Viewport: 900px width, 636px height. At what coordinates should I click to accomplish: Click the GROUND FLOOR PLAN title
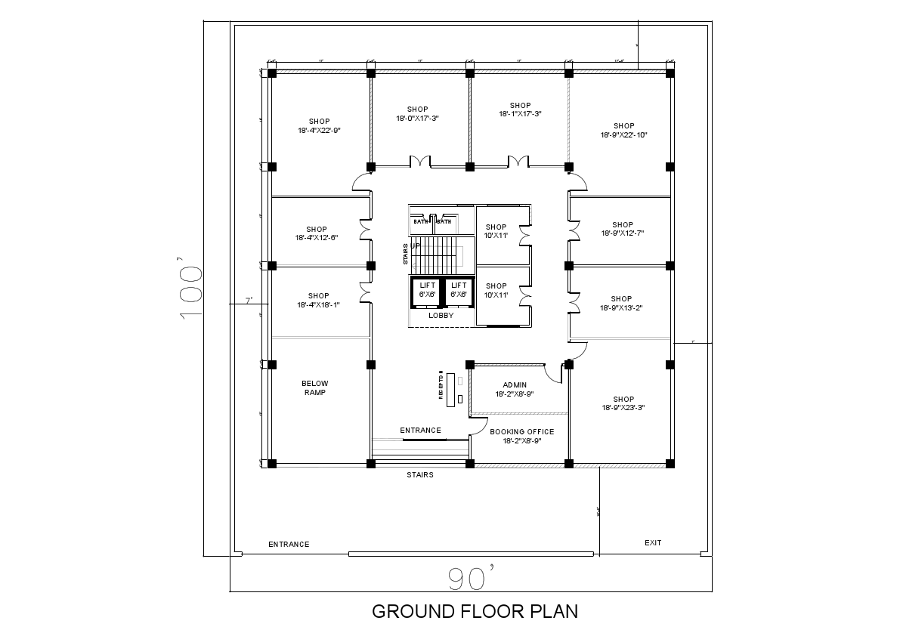(x=475, y=611)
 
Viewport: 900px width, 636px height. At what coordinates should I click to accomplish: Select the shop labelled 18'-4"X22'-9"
(x=319, y=126)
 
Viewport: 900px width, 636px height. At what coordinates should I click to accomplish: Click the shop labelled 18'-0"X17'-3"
(x=417, y=114)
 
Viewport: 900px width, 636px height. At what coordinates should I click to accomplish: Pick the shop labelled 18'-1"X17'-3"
(x=520, y=110)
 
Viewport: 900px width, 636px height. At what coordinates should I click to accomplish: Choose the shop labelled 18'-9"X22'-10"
(x=623, y=131)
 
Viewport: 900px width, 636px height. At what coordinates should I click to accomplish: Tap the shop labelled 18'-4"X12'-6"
(x=317, y=233)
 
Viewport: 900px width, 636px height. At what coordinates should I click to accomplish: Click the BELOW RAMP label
(x=314, y=388)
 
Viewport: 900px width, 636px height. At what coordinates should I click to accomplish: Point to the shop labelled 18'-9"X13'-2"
(x=622, y=304)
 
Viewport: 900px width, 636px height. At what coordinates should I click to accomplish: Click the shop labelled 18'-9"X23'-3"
(x=623, y=403)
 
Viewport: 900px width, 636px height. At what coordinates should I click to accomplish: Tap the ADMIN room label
(x=515, y=390)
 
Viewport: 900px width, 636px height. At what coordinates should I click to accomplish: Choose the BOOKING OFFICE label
(x=521, y=437)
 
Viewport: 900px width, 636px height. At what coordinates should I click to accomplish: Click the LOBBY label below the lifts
(x=441, y=316)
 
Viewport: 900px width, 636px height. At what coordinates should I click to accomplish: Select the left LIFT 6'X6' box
(x=428, y=290)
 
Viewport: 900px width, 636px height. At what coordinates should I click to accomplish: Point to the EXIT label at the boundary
(x=653, y=543)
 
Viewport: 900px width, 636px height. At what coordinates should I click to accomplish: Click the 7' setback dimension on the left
(x=248, y=301)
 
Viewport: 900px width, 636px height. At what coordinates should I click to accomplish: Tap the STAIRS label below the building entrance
(x=420, y=475)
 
